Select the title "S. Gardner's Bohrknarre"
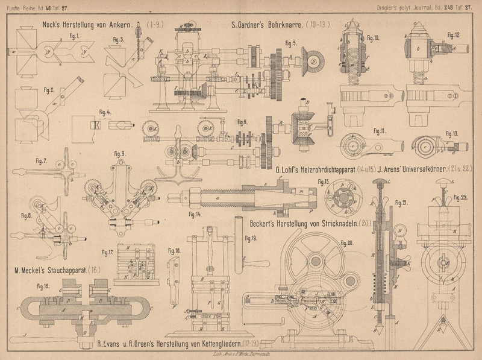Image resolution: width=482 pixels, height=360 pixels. (269, 26)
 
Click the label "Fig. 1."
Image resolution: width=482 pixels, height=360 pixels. (74, 36)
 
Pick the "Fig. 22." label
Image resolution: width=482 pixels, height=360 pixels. (461, 197)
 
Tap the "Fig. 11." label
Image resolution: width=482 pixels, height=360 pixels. (380, 131)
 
